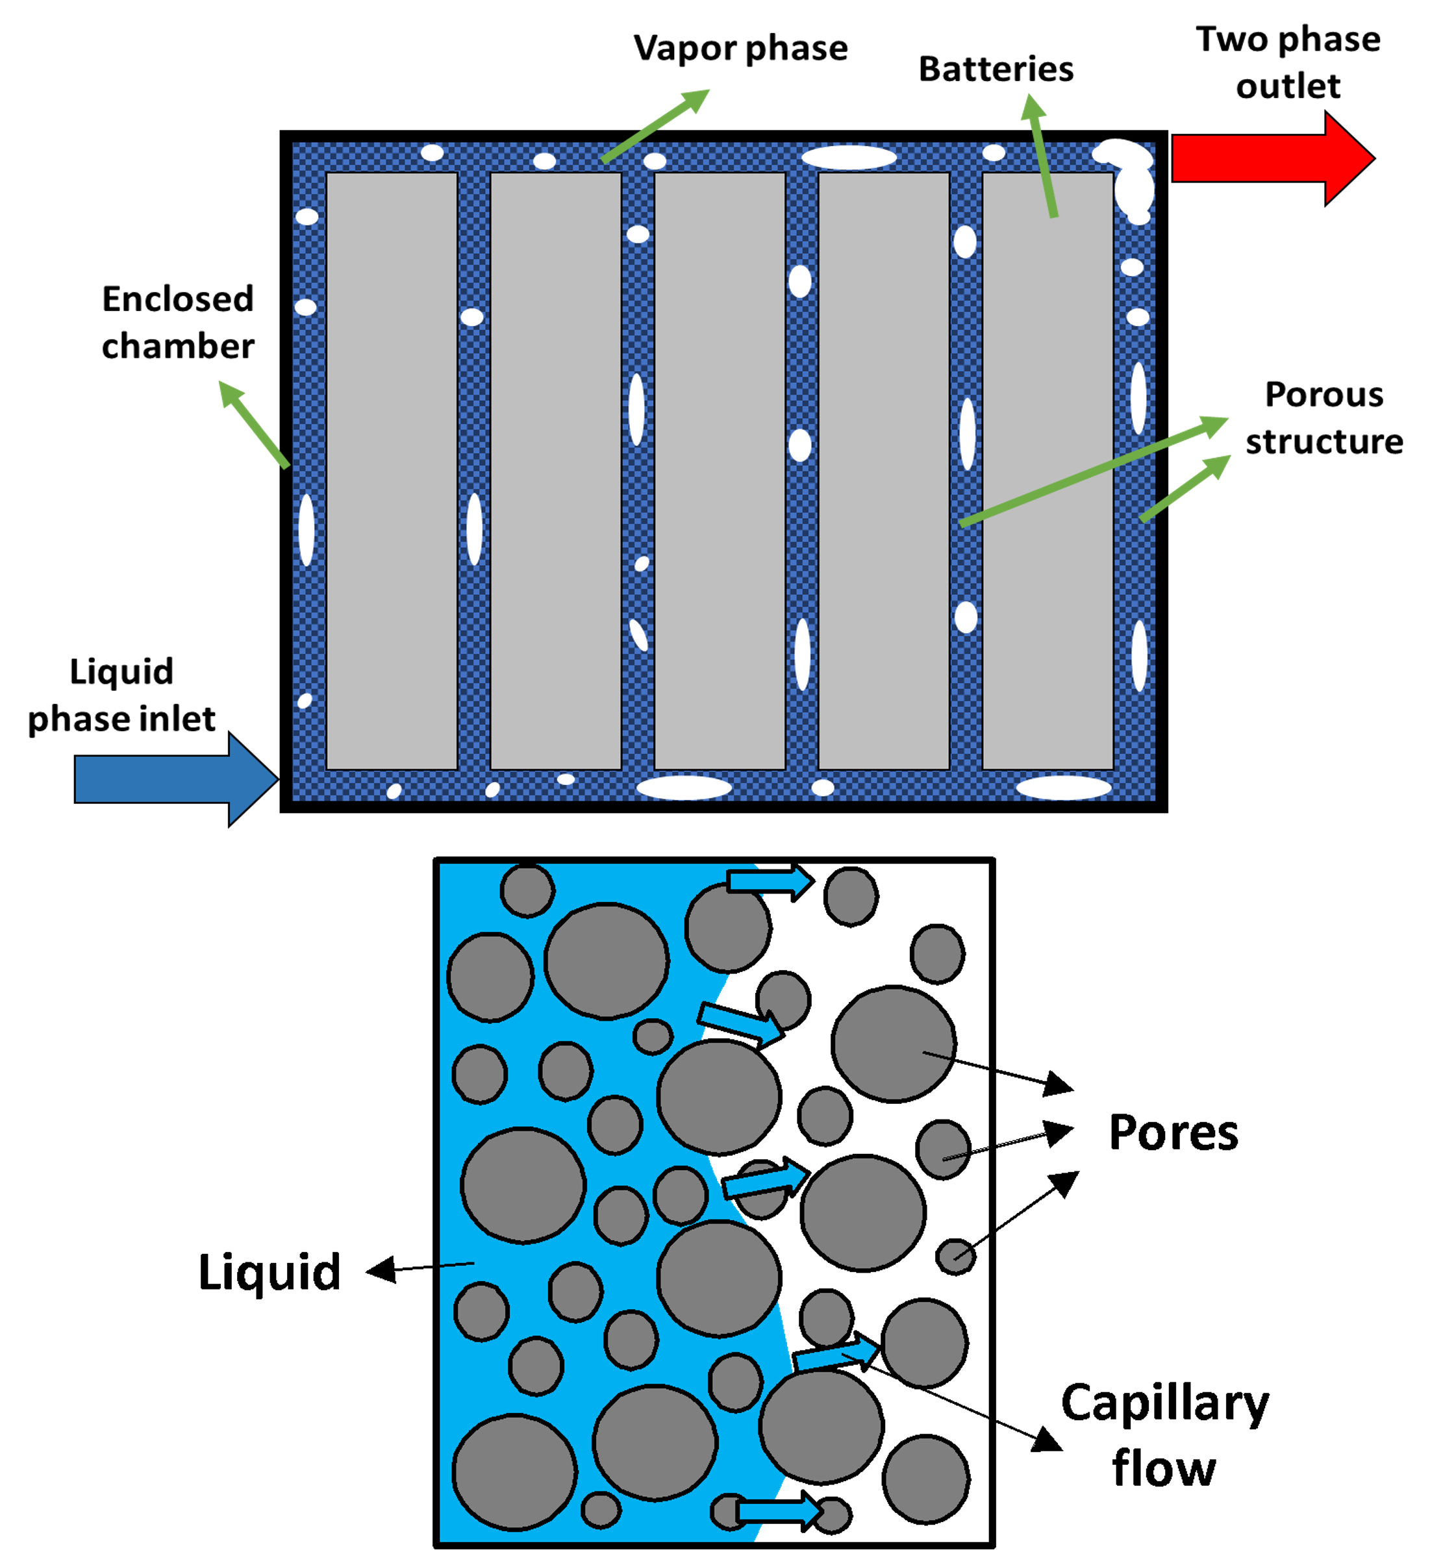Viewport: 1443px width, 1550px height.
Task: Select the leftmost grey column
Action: pyautogui.click(x=392, y=470)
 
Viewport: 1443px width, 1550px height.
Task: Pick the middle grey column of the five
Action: pyautogui.click(x=720, y=470)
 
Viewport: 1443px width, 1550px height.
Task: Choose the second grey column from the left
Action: pyautogui.click(x=556, y=470)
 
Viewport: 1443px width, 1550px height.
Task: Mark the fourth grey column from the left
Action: pyautogui.click(x=884, y=470)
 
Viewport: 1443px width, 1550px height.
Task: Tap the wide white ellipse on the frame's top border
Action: pyautogui.click(x=849, y=158)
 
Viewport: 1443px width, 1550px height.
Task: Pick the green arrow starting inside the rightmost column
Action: pyautogui.click(x=1042, y=155)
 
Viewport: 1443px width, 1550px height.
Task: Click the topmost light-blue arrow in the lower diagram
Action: pyautogui.click(x=768, y=882)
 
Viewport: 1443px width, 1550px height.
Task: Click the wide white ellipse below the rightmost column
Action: pyautogui.click(x=1063, y=788)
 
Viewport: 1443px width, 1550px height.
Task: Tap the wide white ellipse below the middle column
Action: pyautogui.click(x=684, y=788)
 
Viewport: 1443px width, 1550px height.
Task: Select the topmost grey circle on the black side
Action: pyautogui.click(x=851, y=897)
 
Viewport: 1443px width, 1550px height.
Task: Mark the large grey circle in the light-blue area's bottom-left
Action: pyautogui.click(x=514, y=1472)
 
